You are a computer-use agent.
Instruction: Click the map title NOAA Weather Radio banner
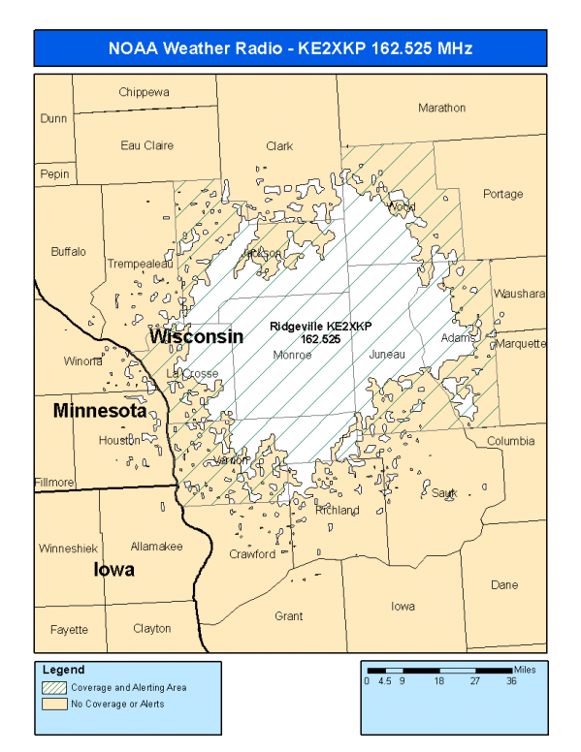point(290,47)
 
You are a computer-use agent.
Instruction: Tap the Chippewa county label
point(145,92)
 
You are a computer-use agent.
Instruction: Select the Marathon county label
point(441,108)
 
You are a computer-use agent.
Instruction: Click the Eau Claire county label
point(147,145)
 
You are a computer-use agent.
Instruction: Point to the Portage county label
point(502,194)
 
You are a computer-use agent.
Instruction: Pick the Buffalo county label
point(68,251)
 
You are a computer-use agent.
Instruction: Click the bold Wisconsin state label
point(195,336)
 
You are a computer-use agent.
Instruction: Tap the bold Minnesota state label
point(100,411)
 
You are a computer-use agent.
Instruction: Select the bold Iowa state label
point(113,570)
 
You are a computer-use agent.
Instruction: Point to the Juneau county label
point(387,356)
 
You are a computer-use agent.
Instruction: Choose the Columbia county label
point(510,441)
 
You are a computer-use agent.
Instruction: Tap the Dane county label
point(504,584)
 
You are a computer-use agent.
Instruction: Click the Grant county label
point(288,615)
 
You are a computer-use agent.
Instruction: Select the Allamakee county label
point(156,547)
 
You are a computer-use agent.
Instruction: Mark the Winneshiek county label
point(67,548)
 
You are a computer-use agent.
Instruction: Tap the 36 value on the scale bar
point(511,681)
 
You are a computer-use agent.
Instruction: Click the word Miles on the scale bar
point(525,669)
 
